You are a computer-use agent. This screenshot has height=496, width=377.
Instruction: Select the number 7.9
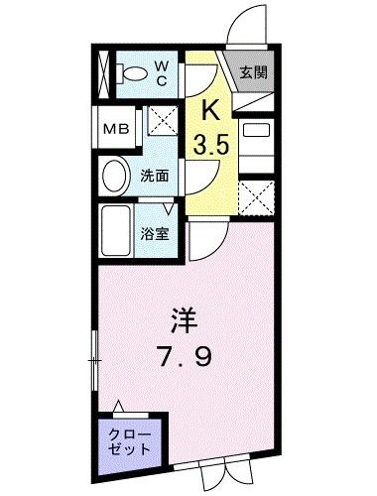click(185, 354)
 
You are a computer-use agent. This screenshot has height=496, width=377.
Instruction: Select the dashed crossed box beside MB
click(161, 126)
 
